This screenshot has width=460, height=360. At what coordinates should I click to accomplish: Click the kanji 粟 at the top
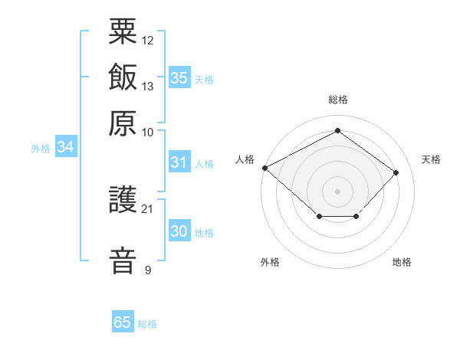(x=123, y=31)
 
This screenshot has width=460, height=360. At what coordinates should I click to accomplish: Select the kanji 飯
(x=123, y=77)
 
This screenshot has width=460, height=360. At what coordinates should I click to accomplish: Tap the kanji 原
(x=123, y=123)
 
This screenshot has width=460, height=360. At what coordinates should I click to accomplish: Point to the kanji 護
(x=123, y=199)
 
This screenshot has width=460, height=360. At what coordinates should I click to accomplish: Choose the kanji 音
(x=123, y=261)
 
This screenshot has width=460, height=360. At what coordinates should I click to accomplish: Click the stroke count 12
(x=147, y=41)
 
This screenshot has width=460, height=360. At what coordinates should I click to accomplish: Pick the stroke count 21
(x=147, y=209)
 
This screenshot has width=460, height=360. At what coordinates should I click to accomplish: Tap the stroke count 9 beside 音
(x=148, y=270)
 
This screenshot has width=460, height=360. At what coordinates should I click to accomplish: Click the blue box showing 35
(x=180, y=77)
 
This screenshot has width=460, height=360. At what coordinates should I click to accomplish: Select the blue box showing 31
(x=180, y=162)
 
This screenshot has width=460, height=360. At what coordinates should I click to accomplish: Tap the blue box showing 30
(x=180, y=230)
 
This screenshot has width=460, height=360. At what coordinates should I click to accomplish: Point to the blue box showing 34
(x=66, y=146)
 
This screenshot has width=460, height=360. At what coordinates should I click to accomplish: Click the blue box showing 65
(x=123, y=321)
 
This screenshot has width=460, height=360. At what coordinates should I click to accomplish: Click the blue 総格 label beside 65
(x=147, y=324)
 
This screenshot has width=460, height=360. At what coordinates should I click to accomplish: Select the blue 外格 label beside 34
(x=41, y=149)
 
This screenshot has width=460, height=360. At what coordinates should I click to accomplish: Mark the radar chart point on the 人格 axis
(x=265, y=168)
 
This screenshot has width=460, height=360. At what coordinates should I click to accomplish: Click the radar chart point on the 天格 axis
(x=396, y=172)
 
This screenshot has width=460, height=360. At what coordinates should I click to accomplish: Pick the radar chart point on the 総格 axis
(x=337, y=130)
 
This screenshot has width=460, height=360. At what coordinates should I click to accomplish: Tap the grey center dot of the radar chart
(x=337, y=191)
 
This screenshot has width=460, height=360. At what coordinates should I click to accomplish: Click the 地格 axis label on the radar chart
(x=402, y=262)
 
